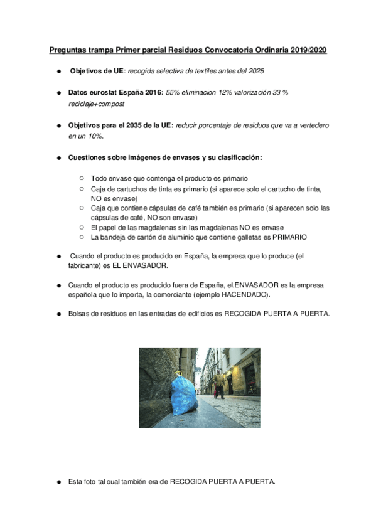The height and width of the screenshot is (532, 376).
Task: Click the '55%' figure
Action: pos(174,93)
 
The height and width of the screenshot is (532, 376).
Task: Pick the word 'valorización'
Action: pos(248,93)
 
